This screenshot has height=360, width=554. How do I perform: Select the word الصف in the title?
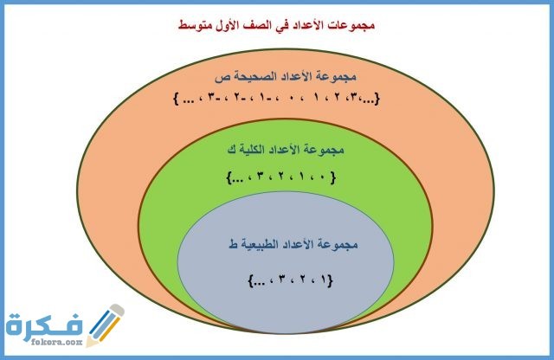point(260,28)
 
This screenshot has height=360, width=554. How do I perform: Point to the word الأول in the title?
point(227,28)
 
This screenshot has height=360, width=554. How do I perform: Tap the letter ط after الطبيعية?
point(231,246)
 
